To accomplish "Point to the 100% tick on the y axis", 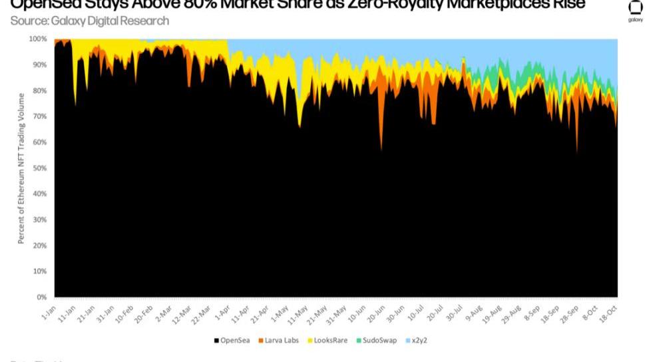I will (38, 39).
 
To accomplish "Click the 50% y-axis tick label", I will (40, 168).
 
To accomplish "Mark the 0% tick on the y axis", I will (42, 297).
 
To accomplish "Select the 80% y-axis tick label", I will (40, 90).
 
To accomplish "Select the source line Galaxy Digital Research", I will (90, 21).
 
